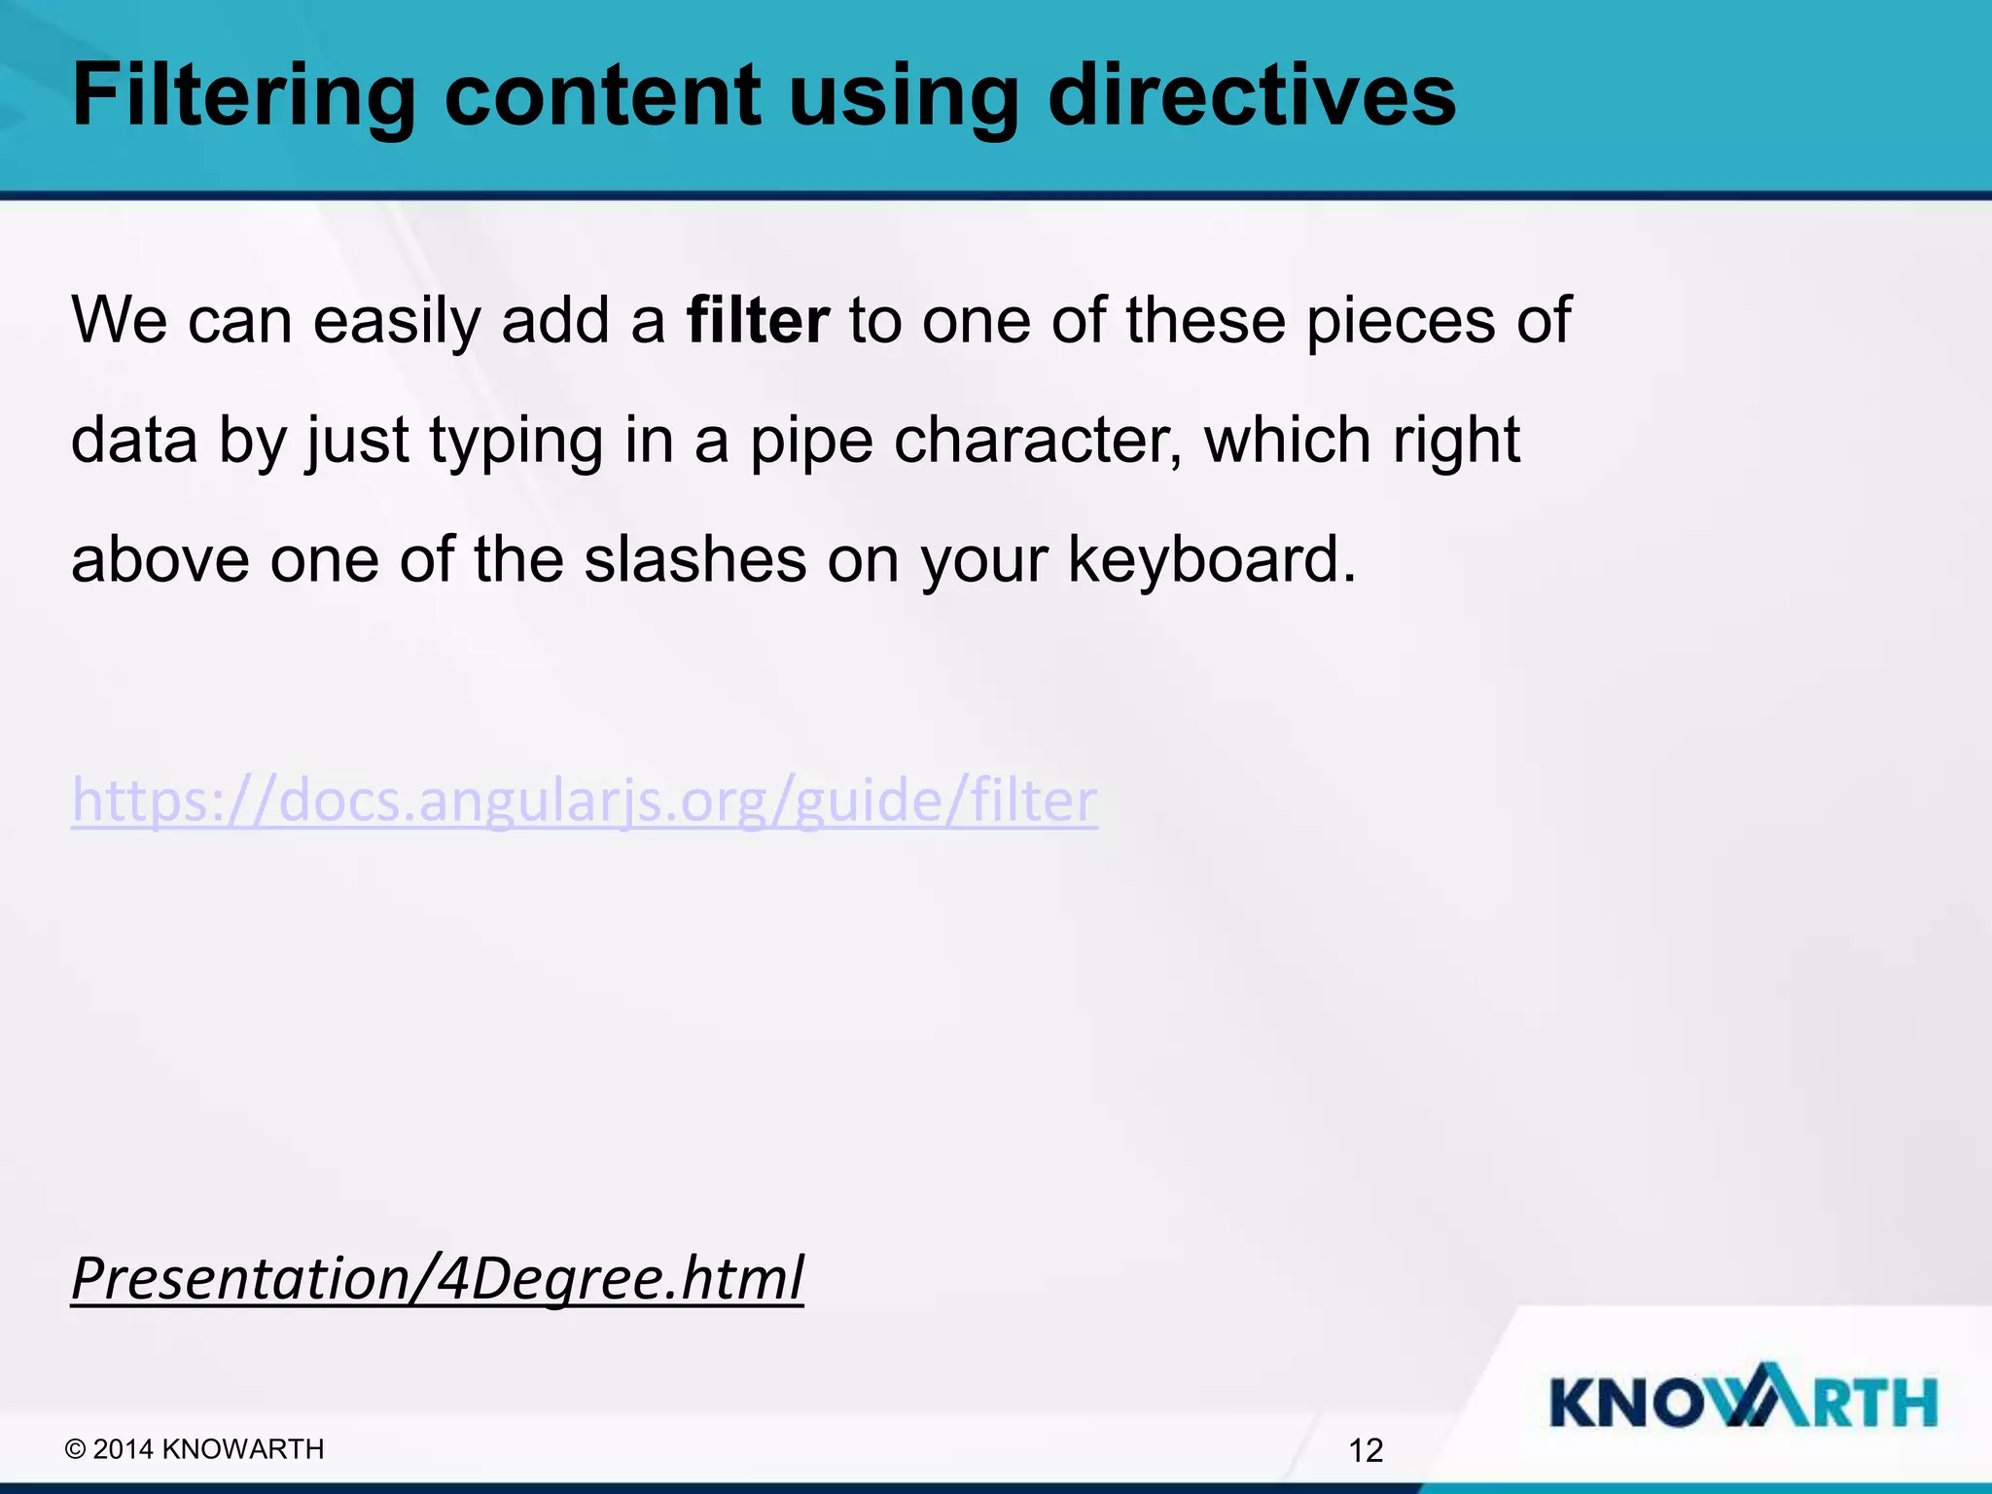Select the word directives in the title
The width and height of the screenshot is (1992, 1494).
[1252, 95]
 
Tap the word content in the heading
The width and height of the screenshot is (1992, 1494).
[602, 95]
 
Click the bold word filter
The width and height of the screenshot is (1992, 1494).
[758, 320]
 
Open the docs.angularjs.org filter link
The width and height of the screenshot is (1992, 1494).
[585, 801]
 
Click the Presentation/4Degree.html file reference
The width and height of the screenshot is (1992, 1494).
[438, 1278]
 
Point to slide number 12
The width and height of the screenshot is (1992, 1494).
[1366, 1450]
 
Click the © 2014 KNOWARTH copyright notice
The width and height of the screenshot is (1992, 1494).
[195, 1449]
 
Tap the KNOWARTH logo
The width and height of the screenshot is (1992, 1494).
[1743, 1402]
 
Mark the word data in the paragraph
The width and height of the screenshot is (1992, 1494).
[134, 440]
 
